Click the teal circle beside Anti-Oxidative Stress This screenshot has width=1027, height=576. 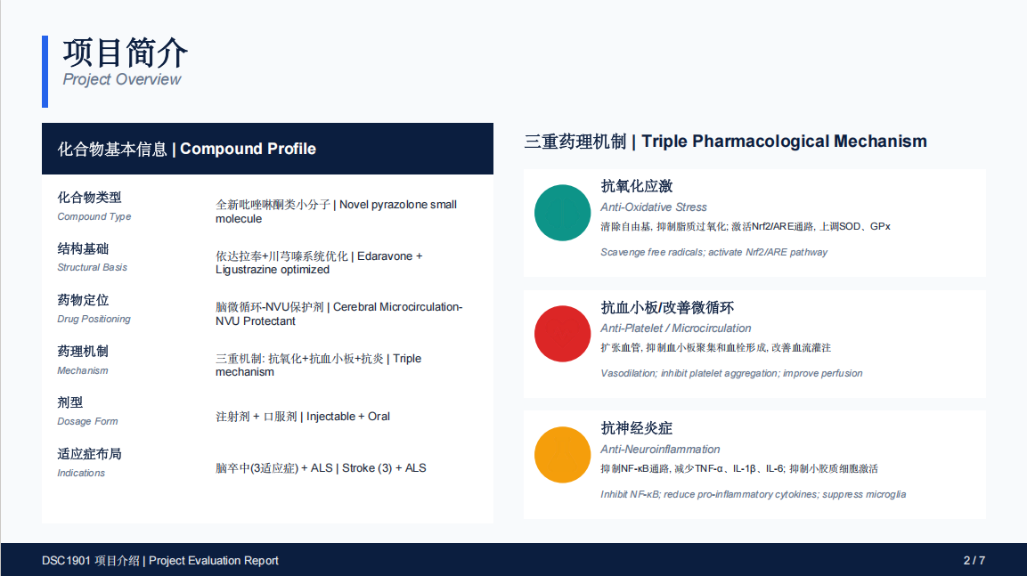[x=563, y=213]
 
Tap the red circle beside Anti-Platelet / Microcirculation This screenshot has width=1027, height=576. [x=563, y=334]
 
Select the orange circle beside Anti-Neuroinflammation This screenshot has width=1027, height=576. [x=563, y=455]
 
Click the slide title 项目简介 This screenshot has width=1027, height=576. [x=125, y=53]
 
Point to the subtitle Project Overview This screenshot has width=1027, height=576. [x=122, y=79]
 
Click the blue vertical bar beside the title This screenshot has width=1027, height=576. [x=45, y=71]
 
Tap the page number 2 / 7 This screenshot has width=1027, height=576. [x=974, y=560]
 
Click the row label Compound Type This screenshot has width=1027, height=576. [x=94, y=216]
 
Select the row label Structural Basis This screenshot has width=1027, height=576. [x=92, y=267]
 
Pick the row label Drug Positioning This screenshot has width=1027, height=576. [x=94, y=319]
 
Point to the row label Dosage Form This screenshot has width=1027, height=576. [x=87, y=421]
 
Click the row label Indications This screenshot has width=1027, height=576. [x=80, y=473]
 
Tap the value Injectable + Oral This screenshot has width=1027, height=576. [x=347, y=417]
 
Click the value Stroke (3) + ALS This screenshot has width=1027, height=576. [x=384, y=468]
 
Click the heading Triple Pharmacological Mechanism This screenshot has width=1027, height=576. [x=784, y=142]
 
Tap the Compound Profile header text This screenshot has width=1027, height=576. [x=248, y=150]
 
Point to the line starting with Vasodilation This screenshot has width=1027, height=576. [x=731, y=373]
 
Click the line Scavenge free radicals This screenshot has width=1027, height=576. [x=713, y=252]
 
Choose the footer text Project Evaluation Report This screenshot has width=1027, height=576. [x=214, y=561]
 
